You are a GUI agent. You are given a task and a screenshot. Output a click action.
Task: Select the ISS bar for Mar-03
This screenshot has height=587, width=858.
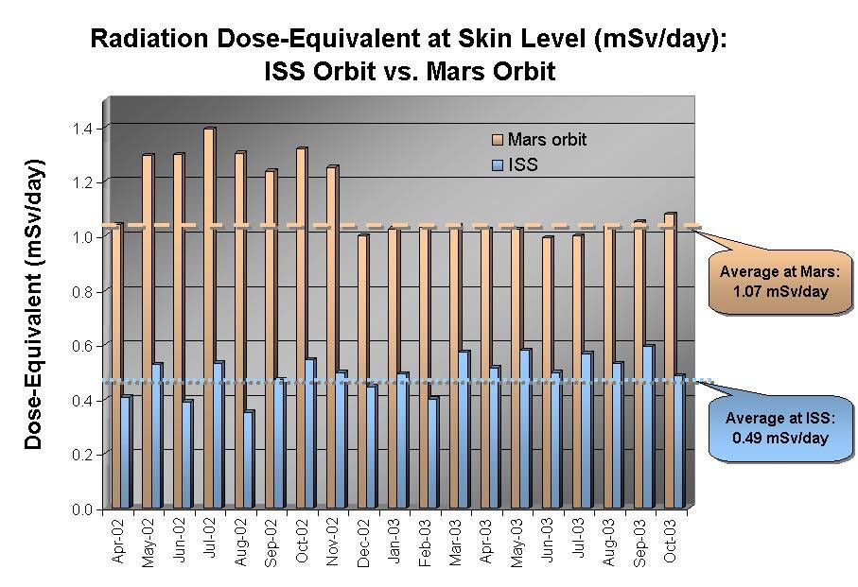point(463,430)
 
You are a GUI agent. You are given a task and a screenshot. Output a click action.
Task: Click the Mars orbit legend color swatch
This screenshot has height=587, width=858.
point(498,140)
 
